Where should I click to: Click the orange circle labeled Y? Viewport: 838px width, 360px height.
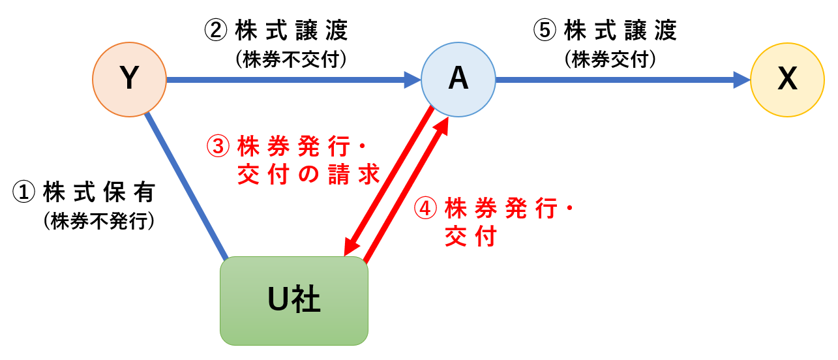pos(130,80)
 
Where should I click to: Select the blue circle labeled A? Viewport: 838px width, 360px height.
pos(458,80)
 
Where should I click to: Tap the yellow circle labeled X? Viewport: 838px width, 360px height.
pos(788,80)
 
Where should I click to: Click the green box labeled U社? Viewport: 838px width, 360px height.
pos(294,301)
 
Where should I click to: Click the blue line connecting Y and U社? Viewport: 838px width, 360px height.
pos(187,187)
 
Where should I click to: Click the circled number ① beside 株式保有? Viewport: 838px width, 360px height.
pos(25,192)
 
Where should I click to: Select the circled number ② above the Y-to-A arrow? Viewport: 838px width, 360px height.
pos(215,30)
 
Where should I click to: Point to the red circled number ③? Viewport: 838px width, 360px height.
pos(218,146)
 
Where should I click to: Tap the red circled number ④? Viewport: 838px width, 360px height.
pos(425,209)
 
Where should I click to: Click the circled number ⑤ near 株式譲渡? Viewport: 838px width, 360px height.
pos(544,30)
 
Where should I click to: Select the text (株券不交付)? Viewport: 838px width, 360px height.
pos(292,59)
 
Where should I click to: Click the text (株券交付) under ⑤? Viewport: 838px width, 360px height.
pos(610,59)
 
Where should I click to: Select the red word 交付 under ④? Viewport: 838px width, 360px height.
pos(470,236)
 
